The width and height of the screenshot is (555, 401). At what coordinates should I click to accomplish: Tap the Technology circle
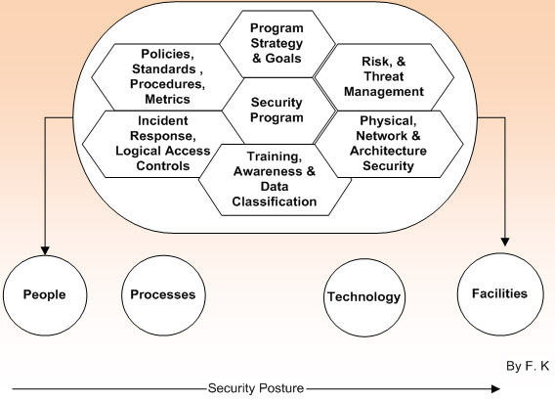(363, 296)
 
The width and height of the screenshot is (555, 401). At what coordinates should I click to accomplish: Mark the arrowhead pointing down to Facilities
(506, 238)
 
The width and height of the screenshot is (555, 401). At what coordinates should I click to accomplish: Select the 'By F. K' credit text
(529, 366)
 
